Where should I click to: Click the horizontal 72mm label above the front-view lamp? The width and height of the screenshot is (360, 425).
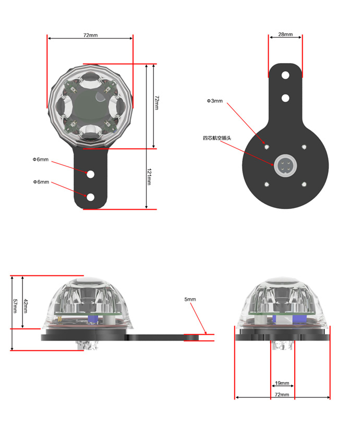(x=91, y=35)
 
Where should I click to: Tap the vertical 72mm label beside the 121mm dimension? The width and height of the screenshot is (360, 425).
(x=157, y=102)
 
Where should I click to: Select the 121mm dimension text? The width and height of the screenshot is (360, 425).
(x=149, y=177)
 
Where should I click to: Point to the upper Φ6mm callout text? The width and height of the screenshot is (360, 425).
(x=41, y=160)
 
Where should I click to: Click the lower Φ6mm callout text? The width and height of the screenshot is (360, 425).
(x=41, y=182)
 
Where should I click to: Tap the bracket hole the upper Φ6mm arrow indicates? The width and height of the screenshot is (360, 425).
(x=91, y=174)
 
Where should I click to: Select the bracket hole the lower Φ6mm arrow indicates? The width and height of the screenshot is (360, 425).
(x=91, y=197)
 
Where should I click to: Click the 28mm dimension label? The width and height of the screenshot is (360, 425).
(x=285, y=34)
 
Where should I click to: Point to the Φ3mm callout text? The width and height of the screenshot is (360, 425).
(x=215, y=101)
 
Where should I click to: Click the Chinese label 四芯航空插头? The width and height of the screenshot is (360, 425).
(x=217, y=138)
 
